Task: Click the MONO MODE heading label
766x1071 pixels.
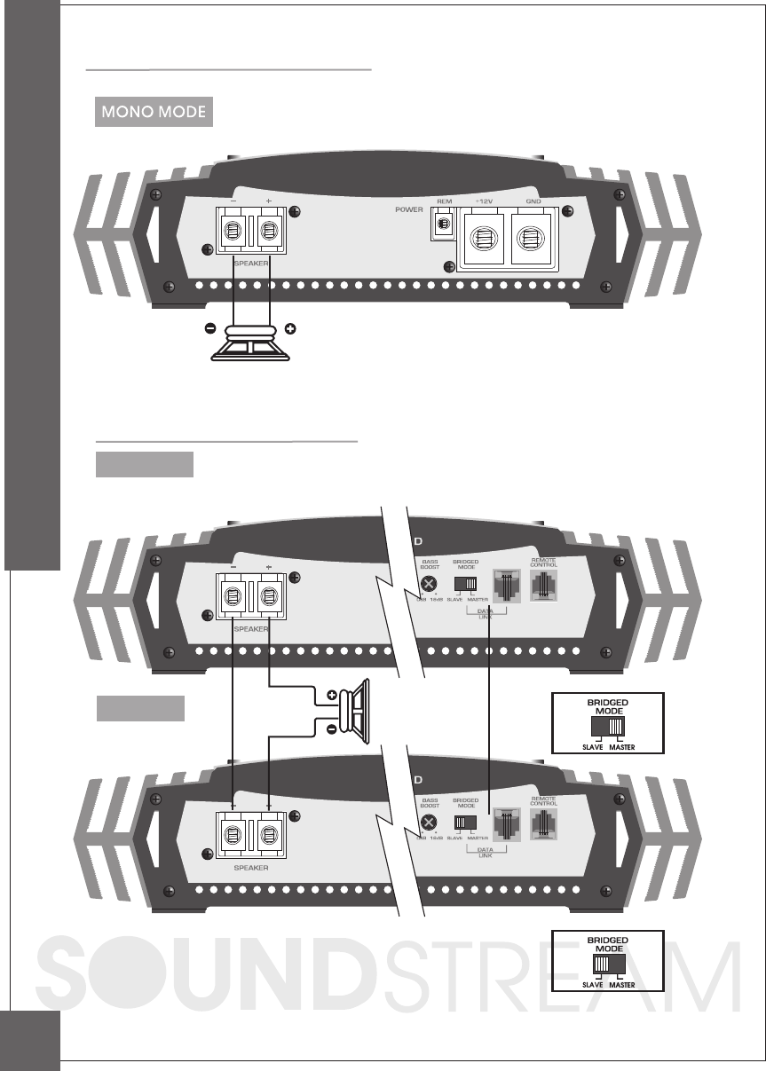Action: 154,113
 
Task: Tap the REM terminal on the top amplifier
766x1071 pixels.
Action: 442,225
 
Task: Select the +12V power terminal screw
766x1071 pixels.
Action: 485,239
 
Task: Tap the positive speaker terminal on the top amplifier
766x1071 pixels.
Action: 269,232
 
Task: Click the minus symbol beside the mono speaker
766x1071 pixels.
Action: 209,328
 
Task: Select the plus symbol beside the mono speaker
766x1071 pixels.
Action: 291,328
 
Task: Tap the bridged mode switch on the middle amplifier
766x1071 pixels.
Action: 465,584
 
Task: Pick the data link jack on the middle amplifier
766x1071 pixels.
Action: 506,586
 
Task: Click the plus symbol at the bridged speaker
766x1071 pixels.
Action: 332,695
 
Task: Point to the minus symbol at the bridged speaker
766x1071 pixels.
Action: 332,729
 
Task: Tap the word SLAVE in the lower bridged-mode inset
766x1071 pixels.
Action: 593,984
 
